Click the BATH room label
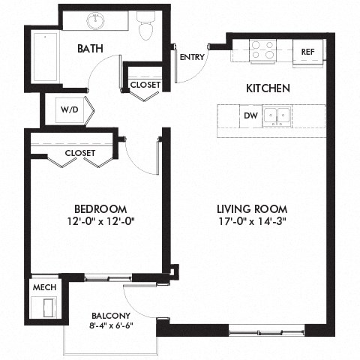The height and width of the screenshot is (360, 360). (x=90, y=49)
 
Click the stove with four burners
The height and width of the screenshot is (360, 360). (x=263, y=49)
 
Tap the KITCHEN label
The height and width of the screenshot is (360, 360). (x=268, y=88)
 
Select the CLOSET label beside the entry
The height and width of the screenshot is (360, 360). (x=145, y=85)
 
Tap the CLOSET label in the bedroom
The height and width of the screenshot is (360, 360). (x=80, y=152)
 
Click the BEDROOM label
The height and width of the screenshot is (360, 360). (x=99, y=208)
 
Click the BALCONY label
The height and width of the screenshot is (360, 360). (x=111, y=315)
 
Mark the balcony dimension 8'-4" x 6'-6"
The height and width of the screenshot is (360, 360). (x=111, y=326)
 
